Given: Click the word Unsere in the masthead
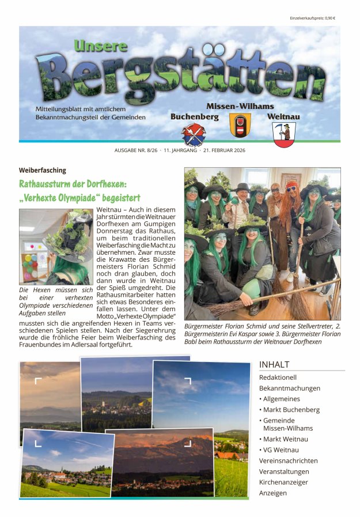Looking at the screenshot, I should pos(101,46).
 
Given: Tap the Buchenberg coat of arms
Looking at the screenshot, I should pos(193,134).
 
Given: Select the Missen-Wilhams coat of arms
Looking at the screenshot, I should pos(240,124).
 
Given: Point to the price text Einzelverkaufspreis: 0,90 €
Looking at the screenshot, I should pos(312,18).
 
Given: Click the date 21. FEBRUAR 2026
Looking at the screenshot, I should pos(225,152).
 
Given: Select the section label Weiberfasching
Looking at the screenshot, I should pos(42,171).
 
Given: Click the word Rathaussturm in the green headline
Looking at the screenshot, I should pos(50,184).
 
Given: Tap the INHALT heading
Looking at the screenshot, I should pos(274,364).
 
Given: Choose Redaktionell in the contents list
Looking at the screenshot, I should pos(278,378).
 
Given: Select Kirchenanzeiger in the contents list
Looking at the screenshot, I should pos(283,482).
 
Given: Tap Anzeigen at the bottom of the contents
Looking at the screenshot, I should pos(273,493).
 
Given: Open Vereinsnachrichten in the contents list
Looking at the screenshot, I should pos(289,461).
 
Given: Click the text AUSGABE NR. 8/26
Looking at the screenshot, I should pos(136,152).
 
